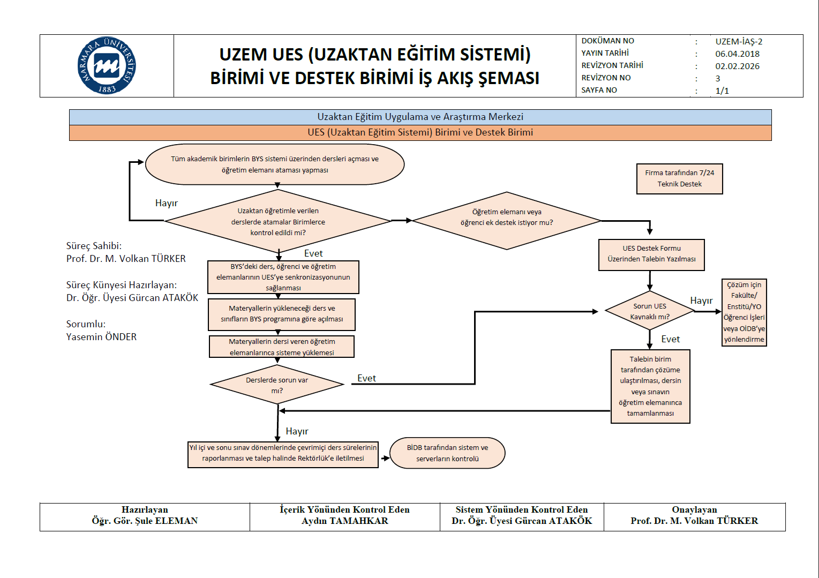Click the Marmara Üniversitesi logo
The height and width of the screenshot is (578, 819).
click(107, 65)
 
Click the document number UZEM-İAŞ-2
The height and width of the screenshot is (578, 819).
click(739, 41)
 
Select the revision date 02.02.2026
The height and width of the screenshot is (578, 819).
click(737, 66)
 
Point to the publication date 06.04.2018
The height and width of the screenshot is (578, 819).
click(737, 54)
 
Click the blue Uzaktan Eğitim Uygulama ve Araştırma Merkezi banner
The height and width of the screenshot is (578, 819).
click(420, 117)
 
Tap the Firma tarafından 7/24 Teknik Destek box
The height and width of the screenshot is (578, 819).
click(679, 178)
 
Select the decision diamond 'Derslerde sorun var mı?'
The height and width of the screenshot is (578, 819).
click(277, 385)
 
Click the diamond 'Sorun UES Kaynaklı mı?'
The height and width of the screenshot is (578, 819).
click(649, 311)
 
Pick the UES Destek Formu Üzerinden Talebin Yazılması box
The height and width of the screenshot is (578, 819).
click(651, 254)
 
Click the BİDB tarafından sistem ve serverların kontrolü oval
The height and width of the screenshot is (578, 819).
click(447, 453)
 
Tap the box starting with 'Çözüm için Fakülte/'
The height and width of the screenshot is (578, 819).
click(744, 312)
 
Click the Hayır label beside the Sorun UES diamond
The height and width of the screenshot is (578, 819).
click(701, 301)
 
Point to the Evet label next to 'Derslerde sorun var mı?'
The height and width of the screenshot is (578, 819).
click(366, 378)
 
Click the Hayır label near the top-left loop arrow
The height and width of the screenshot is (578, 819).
click(166, 203)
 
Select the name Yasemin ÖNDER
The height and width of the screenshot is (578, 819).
click(101, 337)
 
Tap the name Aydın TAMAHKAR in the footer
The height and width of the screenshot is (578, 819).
click(344, 521)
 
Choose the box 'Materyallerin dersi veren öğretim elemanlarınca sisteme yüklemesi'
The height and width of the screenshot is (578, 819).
click(282, 347)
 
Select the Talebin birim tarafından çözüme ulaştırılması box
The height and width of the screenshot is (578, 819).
click(650, 386)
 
